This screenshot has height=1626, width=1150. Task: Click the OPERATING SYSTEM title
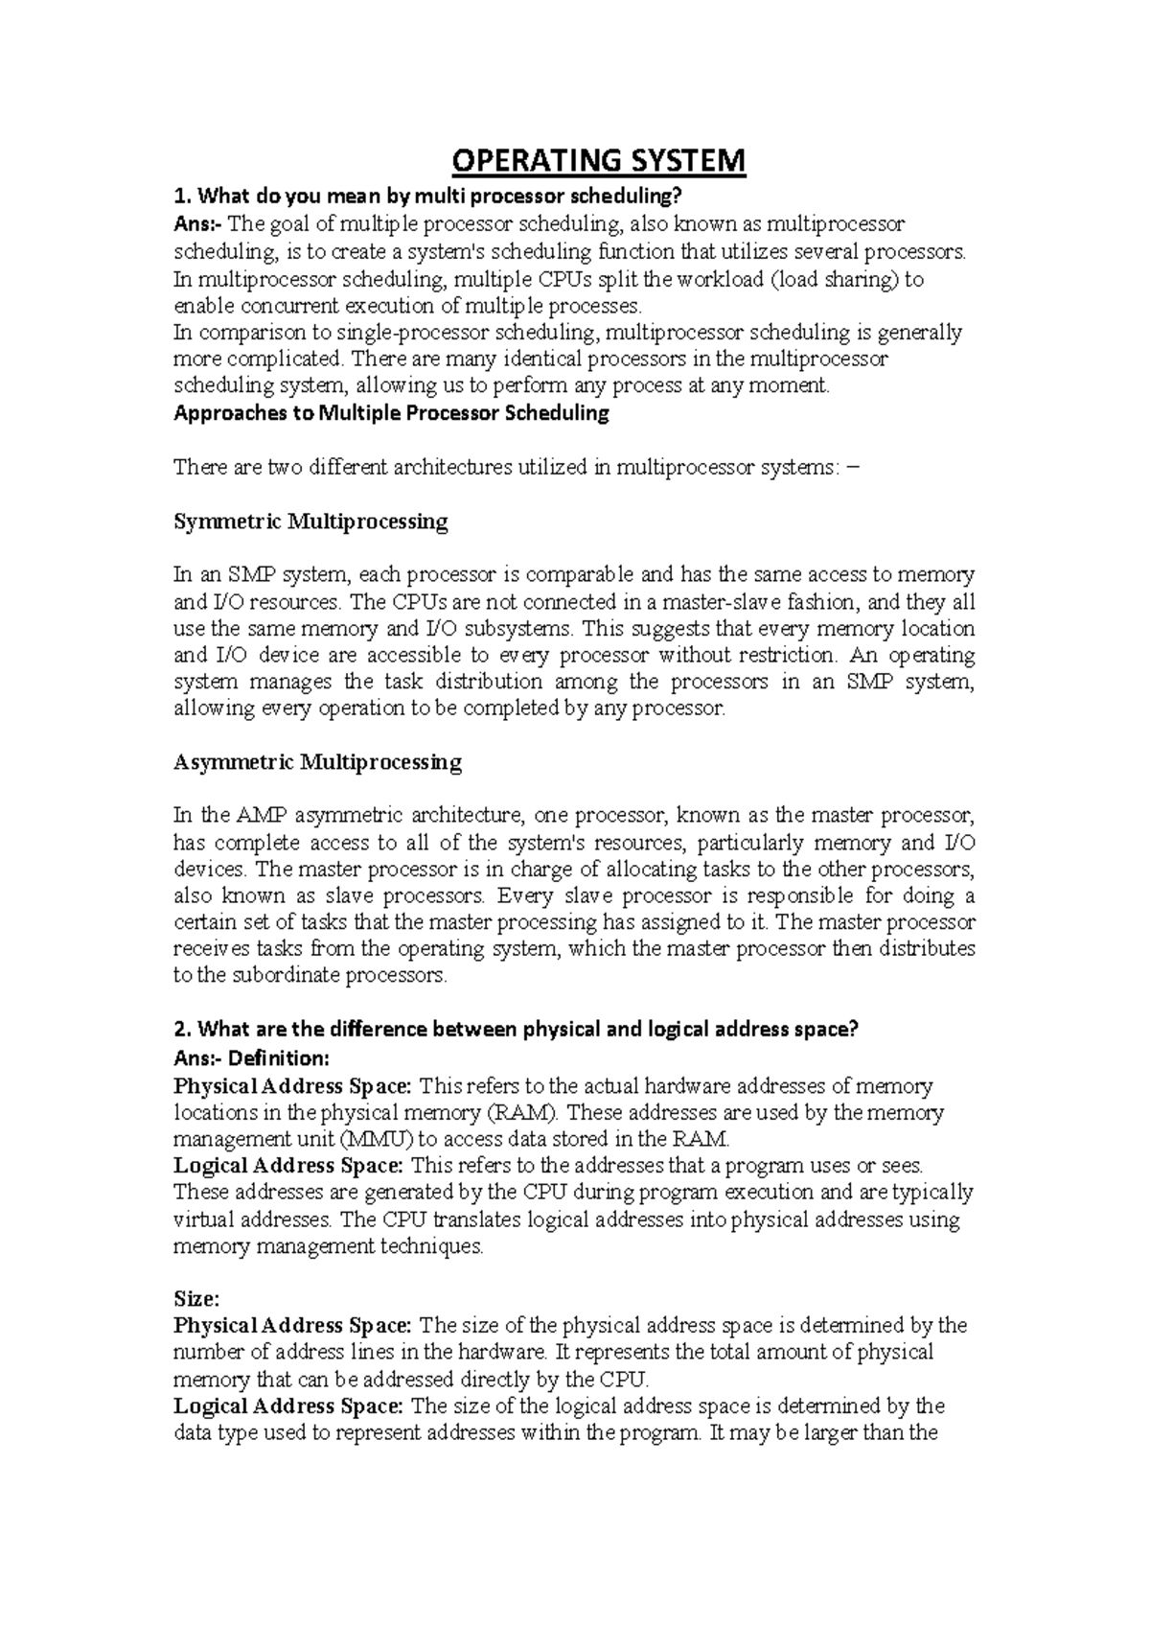[598, 160]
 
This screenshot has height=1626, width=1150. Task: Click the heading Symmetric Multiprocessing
[310, 523]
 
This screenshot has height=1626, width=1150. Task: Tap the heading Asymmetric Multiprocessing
[317, 762]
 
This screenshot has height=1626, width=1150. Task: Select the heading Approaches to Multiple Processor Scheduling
[391, 414]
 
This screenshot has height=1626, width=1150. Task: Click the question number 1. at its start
[181, 197]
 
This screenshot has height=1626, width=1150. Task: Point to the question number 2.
[181, 1030]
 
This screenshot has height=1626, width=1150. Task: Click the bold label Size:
[196, 1299]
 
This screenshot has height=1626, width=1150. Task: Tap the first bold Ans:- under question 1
[196, 225]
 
